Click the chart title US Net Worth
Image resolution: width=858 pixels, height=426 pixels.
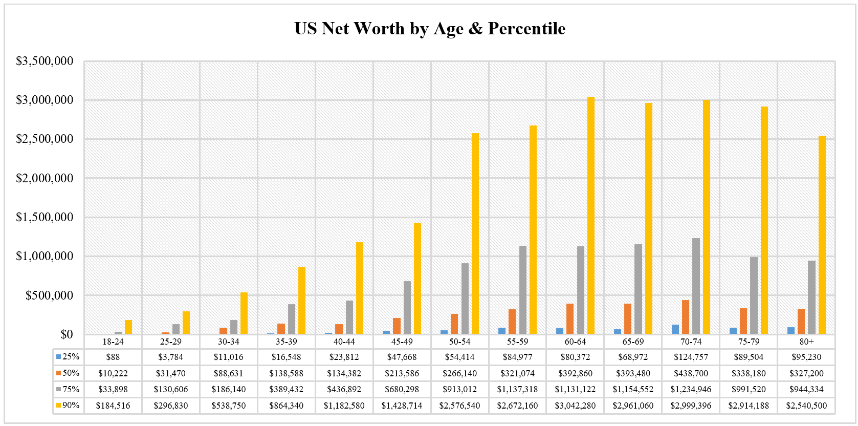pyautogui.click(x=430, y=29)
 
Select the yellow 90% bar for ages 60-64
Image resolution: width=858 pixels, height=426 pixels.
pyautogui.click(x=591, y=215)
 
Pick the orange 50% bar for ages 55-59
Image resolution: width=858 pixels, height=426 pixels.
pyautogui.click(x=512, y=322)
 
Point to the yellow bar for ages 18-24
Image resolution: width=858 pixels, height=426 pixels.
pyautogui.click(x=128, y=327)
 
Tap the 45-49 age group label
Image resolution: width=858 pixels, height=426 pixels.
pyautogui.click(x=402, y=342)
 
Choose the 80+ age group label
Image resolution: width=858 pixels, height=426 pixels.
pyautogui.click(x=806, y=342)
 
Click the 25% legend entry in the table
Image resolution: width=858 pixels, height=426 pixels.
pyautogui.click(x=68, y=357)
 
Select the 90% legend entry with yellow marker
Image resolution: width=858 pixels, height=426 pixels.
pyautogui.click(x=68, y=406)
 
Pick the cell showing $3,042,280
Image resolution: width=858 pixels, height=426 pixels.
pyautogui.click(x=575, y=406)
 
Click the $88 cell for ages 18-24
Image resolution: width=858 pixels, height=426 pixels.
pyautogui.click(x=113, y=357)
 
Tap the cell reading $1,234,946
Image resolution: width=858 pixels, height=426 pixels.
pyautogui.click(x=691, y=389)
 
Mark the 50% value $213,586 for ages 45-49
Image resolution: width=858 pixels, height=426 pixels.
pyautogui.click(x=402, y=373)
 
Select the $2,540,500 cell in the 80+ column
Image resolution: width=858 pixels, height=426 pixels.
pyautogui.click(x=806, y=406)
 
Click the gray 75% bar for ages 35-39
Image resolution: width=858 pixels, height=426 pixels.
pyautogui.click(x=292, y=319)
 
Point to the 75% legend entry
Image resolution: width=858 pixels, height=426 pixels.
pyautogui.click(x=68, y=389)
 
